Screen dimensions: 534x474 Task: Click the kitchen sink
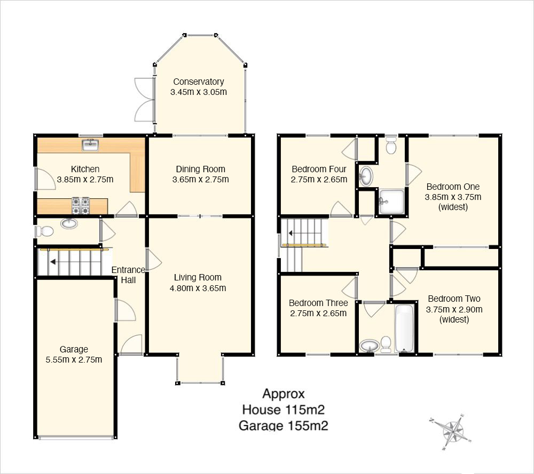(x=90, y=144)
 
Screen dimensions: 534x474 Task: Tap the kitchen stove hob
(x=81, y=206)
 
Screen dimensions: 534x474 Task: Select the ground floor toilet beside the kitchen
(x=44, y=232)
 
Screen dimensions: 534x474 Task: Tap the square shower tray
(x=391, y=202)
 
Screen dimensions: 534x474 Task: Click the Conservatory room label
(x=199, y=82)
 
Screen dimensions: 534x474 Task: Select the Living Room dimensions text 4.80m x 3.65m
(x=198, y=288)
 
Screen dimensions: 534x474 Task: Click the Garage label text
(x=74, y=350)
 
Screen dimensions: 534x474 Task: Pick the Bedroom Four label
(x=319, y=169)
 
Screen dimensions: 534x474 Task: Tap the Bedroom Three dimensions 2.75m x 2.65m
(x=318, y=314)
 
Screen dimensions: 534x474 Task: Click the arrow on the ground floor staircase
(x=53, y=262)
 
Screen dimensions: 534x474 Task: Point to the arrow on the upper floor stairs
(x=292, y=233)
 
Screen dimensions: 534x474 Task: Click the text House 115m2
(x=284, y=409)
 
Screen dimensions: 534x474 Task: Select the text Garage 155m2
(x=284, y=425)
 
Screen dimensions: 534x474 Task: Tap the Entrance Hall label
(x=128, y=275)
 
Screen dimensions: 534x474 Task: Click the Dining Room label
(x=201, y=170)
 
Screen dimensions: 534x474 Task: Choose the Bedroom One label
(x=453, y=187)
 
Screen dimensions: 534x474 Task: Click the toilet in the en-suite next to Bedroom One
(x=391, y=145)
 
